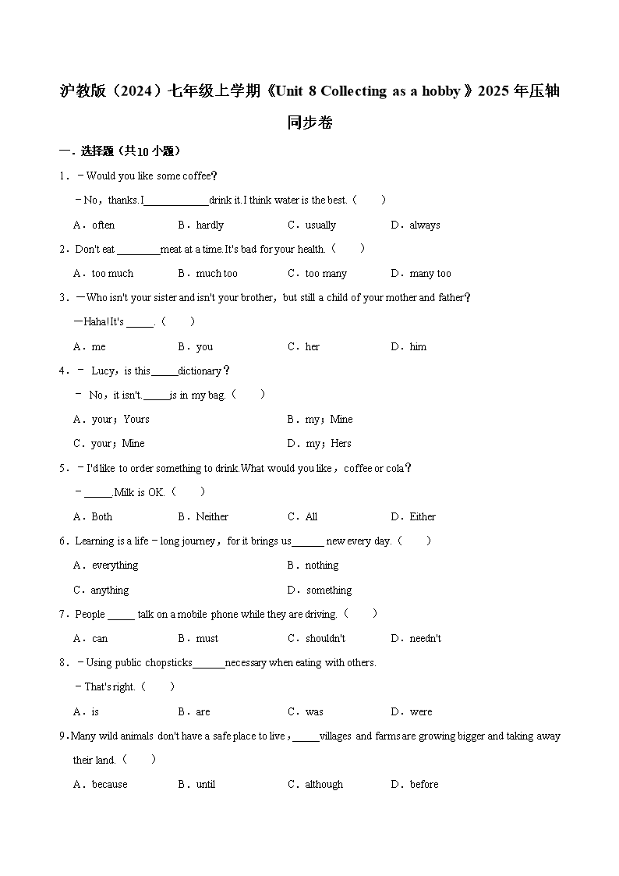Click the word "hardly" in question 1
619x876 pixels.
coord(210,225)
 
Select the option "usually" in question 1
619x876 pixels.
coord(320,225)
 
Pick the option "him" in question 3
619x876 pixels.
coord(418,346)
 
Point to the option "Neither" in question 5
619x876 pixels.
coord(212,516)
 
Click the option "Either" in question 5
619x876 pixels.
coord(423,516)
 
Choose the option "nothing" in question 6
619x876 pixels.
coord(322,565)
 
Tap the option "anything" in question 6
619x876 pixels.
coord(110,590)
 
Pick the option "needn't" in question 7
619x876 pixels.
coord(426,638)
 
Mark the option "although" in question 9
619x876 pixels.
coord(324,784)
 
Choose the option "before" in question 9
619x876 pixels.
coord(424,784)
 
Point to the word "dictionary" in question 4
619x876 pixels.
coord(200,371)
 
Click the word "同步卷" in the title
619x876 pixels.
coord(309,122)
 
